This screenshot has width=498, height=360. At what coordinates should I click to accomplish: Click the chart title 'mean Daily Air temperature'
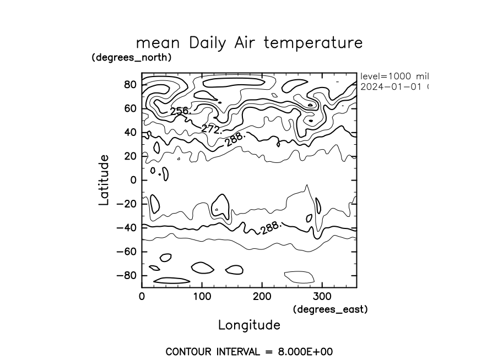click(x=249, y=43)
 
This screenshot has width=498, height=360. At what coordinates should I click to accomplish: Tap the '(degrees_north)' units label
click(x=131, y=57)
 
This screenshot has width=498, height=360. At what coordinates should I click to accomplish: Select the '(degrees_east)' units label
click(x=330, y=309)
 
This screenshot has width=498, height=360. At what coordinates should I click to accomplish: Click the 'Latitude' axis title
click(x=104, y=180)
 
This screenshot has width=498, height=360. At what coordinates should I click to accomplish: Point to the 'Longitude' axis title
click(x=249, y=325)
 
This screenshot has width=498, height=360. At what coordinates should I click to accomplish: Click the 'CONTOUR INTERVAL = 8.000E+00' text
click(x=249, y=351)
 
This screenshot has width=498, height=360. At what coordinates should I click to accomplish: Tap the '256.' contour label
click(x=180, y=112)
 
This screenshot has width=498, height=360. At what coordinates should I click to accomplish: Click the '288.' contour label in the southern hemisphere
click(x=271, y=228)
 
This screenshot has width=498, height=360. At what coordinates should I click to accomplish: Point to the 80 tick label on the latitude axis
click(x=131, y=85)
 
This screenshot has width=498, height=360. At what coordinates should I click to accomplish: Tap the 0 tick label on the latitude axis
click(x=133, y=180)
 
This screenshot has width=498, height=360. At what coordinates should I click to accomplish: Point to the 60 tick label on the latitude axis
click(x=131, y=108)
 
